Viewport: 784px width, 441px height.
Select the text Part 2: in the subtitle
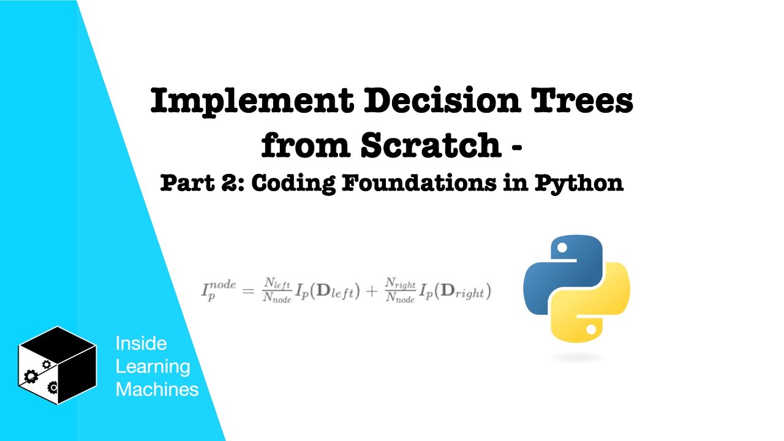click(x=202, y=183)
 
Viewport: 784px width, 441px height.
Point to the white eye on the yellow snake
click(x=590, y=330)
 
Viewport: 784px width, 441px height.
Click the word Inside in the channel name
click(x=141, y=344)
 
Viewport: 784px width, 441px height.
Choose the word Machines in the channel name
click(x=157, y=389)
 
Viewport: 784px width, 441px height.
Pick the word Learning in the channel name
click(x=153, y=366)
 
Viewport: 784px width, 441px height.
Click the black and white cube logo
click(x=57, y=365)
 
